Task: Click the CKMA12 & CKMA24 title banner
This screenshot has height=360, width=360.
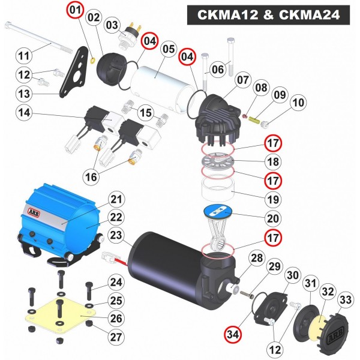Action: coord(268,15)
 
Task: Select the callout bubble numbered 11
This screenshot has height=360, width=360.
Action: coord(25,56)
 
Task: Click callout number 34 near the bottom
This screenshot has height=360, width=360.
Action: coord(233,335)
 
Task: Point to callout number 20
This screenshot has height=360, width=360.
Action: coord(273,218)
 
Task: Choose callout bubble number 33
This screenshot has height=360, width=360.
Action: coord(346,300)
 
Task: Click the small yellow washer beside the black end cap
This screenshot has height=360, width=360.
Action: coord(93,61)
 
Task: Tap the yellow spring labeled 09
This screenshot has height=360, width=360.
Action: coord(254,119)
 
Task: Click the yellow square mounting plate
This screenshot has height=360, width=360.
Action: coord(61,316)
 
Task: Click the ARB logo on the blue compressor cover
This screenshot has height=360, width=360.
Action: coord(34,212)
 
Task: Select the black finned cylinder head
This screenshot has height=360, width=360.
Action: coord(217,121)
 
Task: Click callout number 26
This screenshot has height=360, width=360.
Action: coord(116,319)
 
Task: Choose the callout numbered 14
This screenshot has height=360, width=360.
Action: coord(25,113)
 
